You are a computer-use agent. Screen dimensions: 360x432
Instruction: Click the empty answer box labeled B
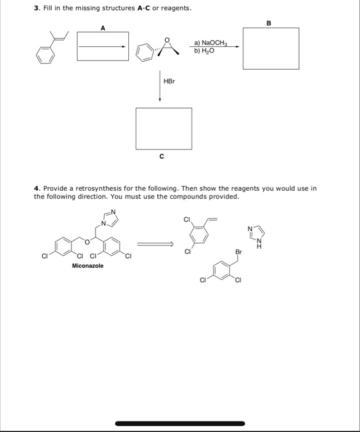271,48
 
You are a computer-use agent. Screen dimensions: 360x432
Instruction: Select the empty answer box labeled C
163,128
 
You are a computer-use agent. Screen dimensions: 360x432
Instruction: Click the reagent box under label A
103,45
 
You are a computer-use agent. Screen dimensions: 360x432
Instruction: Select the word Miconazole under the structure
88,265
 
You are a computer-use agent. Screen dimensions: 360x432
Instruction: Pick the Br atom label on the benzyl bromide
239,252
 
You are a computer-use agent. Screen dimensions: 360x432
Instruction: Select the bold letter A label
103,27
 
